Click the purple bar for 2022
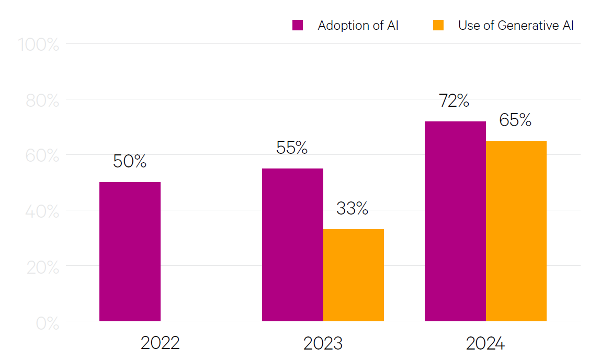point(130,251)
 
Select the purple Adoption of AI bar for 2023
point(292,244)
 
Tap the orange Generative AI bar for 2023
point(353,275)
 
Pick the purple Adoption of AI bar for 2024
point(455,221)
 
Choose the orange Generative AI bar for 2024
point(516,230)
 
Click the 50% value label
point(130,162)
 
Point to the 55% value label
point(292,148)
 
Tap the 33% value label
point(352,209)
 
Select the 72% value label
point(454,101)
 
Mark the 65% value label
point(515,120)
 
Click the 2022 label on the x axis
point(160,343)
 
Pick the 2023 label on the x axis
point(323,343)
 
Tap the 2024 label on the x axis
point(485,343)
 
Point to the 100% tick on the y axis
point(39,44)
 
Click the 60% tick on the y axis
point(42,156)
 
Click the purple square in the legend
point(298,25)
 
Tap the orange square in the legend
point(438,25)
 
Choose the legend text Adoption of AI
point(358,26)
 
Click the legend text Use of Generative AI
point(516,26)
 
